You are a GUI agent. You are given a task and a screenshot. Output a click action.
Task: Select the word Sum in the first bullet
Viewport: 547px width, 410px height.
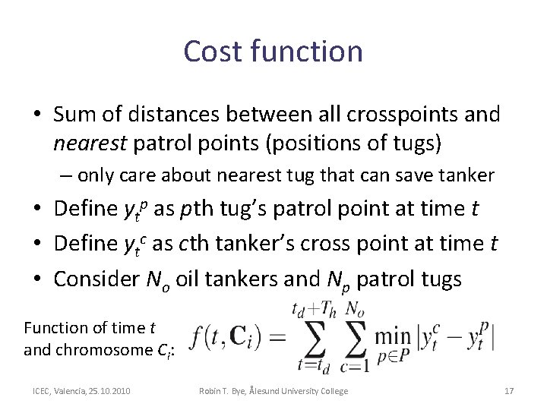pos(76,115)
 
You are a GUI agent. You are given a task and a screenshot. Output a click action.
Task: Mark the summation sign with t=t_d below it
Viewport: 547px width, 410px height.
pos(313,335)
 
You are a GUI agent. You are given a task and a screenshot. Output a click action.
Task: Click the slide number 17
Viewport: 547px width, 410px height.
pos(509,391)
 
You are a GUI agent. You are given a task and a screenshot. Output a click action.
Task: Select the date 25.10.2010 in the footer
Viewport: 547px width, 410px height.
pos(108,391)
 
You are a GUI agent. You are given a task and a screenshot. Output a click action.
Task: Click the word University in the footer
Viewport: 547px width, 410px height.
pos(296,391)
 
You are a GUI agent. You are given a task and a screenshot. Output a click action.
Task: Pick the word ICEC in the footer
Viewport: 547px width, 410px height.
pos(40,391)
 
